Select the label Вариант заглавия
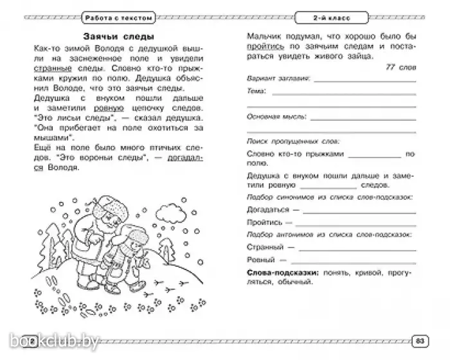269,78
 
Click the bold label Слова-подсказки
280,273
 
